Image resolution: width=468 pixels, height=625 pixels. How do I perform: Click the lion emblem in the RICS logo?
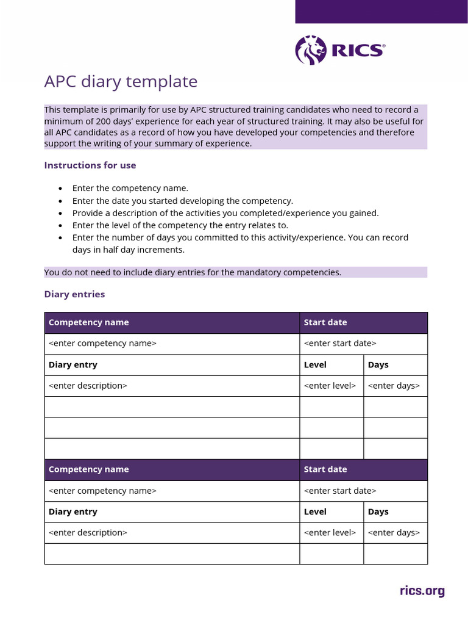pos(311,50)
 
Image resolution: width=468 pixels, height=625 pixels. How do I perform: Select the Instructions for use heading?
pos(90,165)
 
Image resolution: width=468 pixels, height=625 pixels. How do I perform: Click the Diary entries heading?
pos(74,294)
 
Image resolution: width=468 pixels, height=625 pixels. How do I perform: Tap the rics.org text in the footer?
pos(422,591)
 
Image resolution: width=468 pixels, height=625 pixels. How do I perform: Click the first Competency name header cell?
pos(88,322)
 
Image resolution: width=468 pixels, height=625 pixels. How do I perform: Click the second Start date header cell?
pos(325,469)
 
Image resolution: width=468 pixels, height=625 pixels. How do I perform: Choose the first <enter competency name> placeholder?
pos(102,343)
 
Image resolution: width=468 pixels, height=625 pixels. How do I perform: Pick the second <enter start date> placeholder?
pos(340,491)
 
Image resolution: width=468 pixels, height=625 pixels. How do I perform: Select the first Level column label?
pos(315,365)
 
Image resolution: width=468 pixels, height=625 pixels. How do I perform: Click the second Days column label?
pos(378,512)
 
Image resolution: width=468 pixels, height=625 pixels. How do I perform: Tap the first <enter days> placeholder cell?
pos(394,386)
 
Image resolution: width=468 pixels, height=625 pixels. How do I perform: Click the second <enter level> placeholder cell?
pos(330,533)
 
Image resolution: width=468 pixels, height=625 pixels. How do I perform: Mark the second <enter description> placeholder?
pos(88,533)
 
